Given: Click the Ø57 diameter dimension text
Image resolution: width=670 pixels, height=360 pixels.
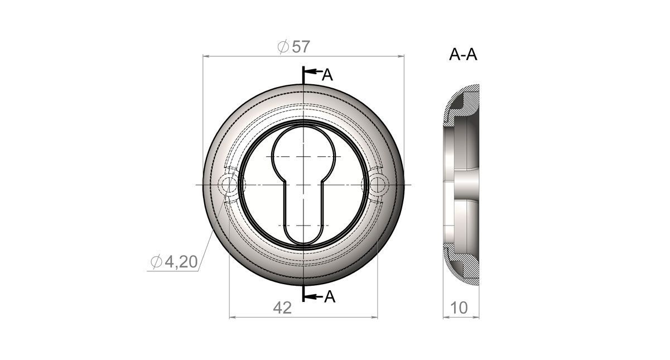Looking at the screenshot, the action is (x=293, y=47).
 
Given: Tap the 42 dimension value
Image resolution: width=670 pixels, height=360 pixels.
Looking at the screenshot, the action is (x=282, y=308).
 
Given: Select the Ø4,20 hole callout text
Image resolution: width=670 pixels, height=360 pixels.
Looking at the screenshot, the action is (x=174, y=262).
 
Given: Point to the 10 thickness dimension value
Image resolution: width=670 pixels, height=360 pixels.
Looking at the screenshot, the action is (x=459, y=308).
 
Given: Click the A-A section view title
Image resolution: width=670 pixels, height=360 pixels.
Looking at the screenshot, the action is (x=463, y=55).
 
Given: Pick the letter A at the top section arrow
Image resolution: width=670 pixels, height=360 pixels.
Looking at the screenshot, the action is (x=327, y=75).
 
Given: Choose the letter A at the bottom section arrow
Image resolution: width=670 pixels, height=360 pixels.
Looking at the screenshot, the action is (x=330, y=296).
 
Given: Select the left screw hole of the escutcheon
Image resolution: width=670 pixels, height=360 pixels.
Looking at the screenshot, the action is (x=229, y=185).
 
